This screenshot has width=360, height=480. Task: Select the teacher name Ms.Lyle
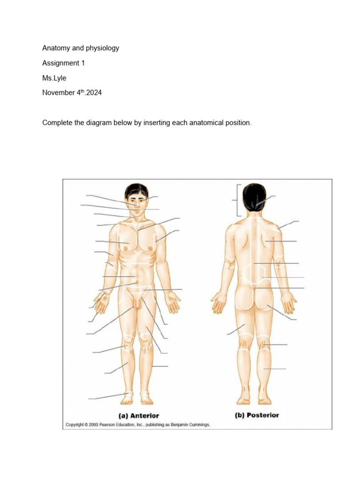pos(54,78)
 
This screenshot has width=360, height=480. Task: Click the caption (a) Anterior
pos(138,415)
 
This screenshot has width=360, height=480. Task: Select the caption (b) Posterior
pos(256,415)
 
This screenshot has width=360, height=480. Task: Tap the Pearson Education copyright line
pos(138,425)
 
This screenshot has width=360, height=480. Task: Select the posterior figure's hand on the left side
pos(219,303)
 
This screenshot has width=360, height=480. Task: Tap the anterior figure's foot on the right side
pos(147,399)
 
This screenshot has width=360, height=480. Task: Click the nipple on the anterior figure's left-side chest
pos(125,248)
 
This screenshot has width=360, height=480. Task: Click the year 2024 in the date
pos(93,93)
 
